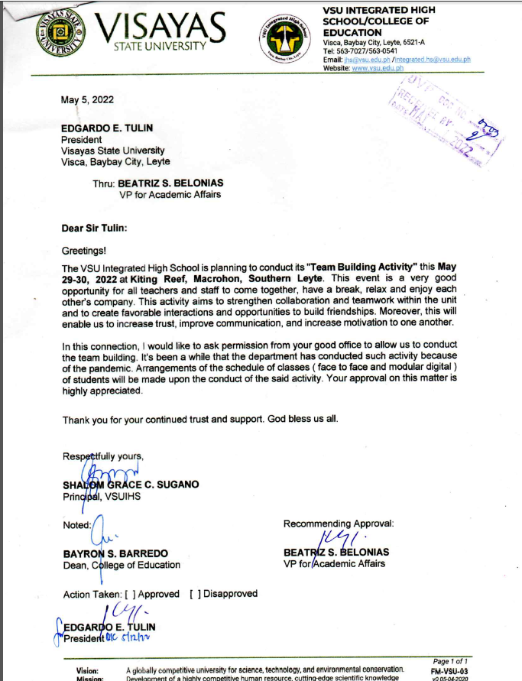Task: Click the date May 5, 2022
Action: point(87,99)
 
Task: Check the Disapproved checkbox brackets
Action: point(195,594)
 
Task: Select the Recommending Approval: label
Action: point(339,524)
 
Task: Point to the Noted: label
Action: point(77,524)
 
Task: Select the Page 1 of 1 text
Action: point(451,660)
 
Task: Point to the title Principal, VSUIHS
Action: point(102,496)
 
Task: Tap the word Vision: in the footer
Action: point(87,670)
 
